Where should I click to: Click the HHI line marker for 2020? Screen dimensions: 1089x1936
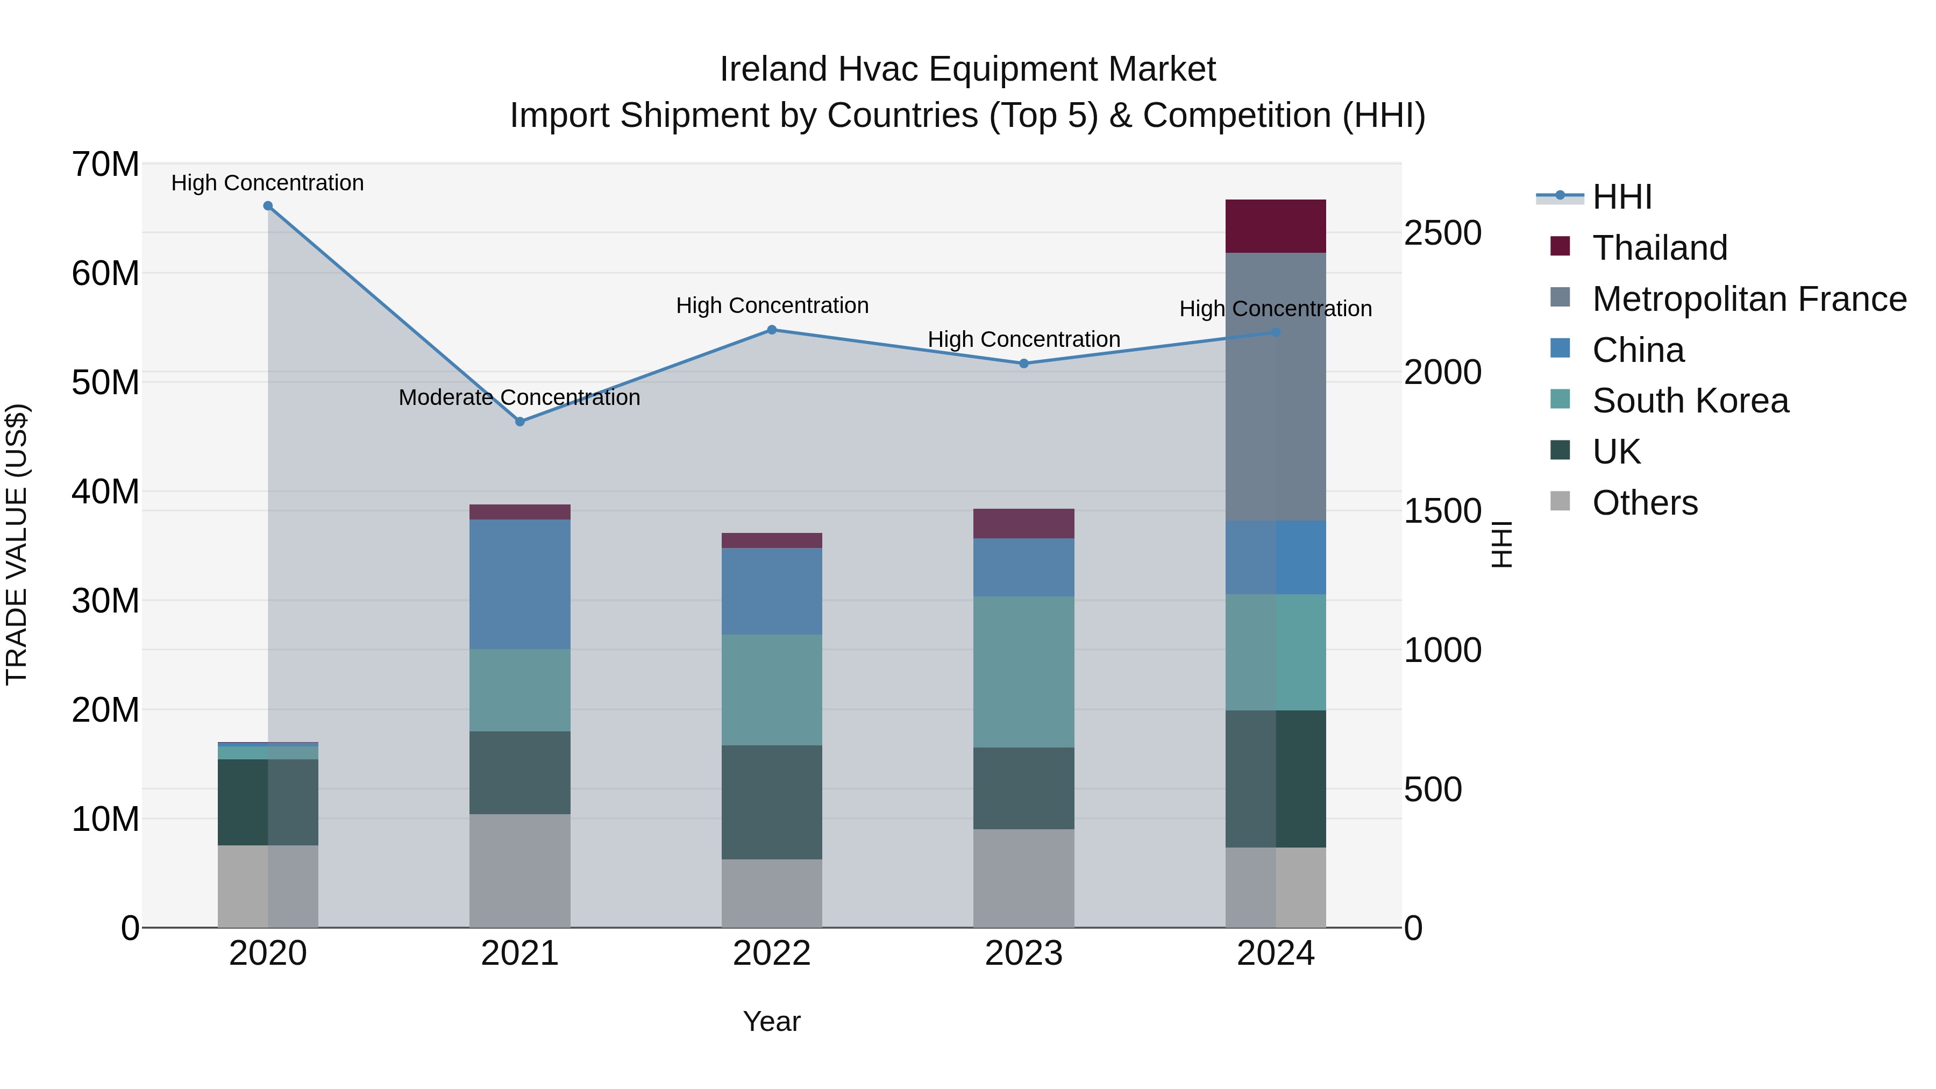268,206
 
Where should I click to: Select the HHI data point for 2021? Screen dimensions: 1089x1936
519,422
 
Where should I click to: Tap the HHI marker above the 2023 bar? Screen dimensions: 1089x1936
1023,364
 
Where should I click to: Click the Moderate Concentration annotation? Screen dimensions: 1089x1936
519,397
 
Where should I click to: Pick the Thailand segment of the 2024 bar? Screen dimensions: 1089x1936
1276,226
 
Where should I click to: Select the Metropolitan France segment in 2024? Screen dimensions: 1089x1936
1276,387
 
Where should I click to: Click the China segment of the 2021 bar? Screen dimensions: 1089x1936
519,584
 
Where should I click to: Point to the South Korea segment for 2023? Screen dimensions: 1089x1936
1023,672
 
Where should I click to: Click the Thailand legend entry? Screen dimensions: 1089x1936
1660,248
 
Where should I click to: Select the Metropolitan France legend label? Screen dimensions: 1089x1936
1749,299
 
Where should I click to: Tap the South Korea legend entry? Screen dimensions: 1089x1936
1690,401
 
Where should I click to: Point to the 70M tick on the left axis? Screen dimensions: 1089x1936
105,165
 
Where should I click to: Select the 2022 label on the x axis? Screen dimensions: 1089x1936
772,953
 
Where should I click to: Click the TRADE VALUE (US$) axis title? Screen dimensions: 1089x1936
17,544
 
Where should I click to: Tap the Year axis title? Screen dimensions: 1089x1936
772,1021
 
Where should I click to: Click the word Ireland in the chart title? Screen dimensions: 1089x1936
773,69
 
